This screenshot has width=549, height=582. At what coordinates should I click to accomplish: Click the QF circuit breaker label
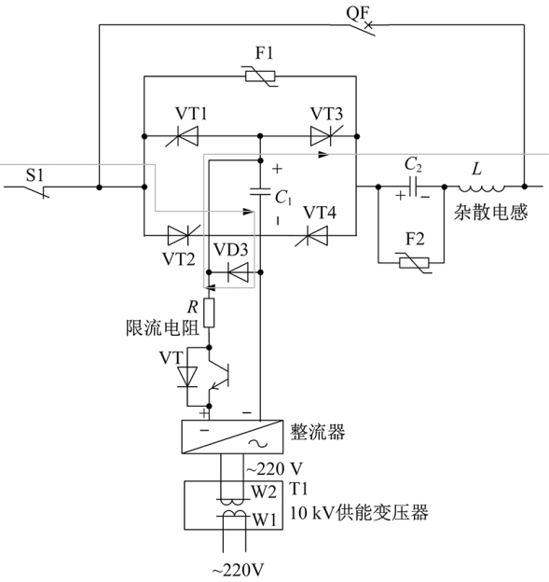[x=358, y=14]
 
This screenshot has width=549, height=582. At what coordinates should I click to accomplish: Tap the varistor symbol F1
[x=260, y=76]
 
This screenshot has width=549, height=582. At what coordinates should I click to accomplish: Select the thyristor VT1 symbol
[x=182, y=136]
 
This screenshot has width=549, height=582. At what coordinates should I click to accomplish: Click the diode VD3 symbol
[x=238, y=272]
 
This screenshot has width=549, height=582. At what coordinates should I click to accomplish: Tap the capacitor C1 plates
[x=260, y=191]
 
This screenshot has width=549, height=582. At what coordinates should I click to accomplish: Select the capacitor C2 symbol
[x=413, y=187]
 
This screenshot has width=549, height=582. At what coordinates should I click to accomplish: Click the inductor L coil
[x=482, y=188]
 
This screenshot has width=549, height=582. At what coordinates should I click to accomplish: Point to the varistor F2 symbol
[x=415, y=263]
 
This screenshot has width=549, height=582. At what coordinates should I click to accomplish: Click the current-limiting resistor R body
[x=209, y=312]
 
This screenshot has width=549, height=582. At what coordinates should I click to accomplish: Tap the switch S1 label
[x=34, y=175]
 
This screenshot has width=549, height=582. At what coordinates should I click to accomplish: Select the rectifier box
[x=232, y=436]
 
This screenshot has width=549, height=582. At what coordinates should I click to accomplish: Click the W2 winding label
[x=264, y=492]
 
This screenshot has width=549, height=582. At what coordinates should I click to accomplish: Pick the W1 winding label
[x=265, y=520]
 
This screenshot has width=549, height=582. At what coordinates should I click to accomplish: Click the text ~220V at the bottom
[x=238, y=570]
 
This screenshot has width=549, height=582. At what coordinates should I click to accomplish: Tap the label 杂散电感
[x=490, y=213]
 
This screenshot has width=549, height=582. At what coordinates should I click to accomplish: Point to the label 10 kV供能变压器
[x=359, y=512]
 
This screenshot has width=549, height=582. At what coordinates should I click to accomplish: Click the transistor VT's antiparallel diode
[x=187, y=377]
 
